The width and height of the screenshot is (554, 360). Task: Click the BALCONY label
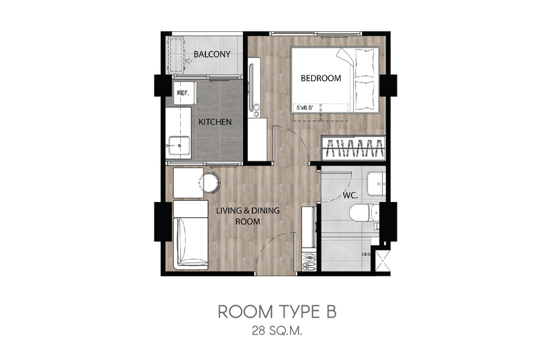click(x=212, y=54)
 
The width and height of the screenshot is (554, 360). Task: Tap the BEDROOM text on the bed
click(x=321, y=78)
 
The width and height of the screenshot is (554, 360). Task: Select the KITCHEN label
click(x=215, y=122)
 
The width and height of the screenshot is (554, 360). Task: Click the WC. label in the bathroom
click(x=350, y=195)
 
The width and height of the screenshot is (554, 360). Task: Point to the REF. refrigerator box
click(x=184, y=93)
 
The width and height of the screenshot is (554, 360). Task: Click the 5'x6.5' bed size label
click(x=305, y=108)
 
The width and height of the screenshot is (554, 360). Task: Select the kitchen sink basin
click(x=179, y=145)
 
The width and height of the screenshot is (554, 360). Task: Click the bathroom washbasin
click(x=376, y=183)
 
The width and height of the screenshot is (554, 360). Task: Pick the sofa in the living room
click(x=190, y=235)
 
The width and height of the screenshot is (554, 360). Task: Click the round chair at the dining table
click(x=211, y=182)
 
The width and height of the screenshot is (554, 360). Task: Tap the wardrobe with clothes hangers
click(x=353, y=148)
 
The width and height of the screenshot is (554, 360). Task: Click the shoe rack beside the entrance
click(x=310, y=262)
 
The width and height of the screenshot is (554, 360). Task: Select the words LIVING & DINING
click(x=248, y=211)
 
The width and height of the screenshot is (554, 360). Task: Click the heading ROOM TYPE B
click(x=277, y=312)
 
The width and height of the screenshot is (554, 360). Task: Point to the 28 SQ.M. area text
click(x=277, y=332)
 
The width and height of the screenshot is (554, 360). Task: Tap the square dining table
click(x=188, y=183)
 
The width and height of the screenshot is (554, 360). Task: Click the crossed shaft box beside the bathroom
click(x=383, y=261)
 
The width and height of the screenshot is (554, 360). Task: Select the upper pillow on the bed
click(x=364, y=63)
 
